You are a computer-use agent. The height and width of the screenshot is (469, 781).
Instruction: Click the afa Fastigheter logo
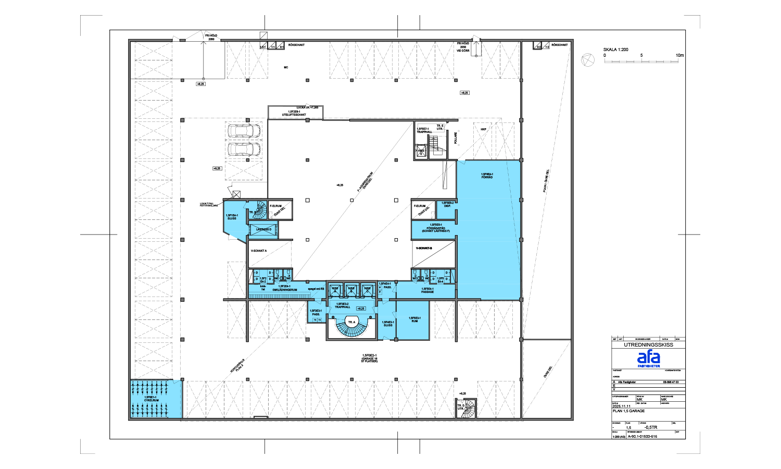[x=648, y=359]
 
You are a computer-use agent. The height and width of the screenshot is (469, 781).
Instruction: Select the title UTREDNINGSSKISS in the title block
[x=648, y=345]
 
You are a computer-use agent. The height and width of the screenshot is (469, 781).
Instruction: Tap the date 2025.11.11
[x=621, y=406]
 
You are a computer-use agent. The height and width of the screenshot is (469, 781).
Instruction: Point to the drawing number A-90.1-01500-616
[x=642, y=436]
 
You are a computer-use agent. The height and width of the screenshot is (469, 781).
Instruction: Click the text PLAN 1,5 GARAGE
[x=628, y=411]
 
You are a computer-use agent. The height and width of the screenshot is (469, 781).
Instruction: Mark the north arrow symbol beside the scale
[x=588, y=60]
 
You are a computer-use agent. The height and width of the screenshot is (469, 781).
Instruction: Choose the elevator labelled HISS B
[x=351, y=289]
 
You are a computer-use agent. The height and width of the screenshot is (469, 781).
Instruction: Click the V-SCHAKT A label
[x=259, y=251]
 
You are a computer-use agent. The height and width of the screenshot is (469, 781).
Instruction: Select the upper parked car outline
[x=244, y=130]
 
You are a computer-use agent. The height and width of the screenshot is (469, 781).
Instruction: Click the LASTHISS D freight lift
[x=263, y=229]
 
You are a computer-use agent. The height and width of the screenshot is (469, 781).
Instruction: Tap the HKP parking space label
[x=483, y=129]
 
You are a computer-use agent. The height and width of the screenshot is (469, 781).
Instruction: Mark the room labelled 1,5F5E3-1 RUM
[x=414, y=320]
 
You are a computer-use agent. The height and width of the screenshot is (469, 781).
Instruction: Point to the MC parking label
[x=286, y=68]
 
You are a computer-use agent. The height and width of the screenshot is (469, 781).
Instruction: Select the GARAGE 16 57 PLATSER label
[x=369, y=358]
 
